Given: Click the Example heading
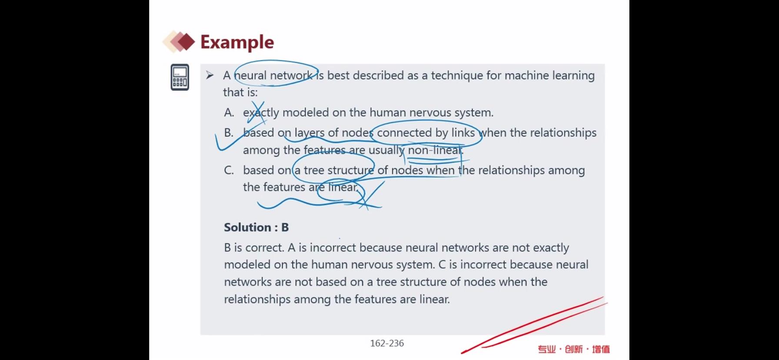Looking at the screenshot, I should tap(237, 42).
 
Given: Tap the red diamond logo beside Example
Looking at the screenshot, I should tap(179, 42).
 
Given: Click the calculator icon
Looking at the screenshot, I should tap(180, 77).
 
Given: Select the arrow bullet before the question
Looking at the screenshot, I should tap(210, 76).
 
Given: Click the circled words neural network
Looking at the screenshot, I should tap(275, 76).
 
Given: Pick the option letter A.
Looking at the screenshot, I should tap(229, 113).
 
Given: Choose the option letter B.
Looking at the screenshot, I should tap(229, 133).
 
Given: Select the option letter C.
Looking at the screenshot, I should tap(229, 170).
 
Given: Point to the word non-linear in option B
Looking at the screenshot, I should tap(435, 150).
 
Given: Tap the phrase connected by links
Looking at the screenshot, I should tap(426, 133).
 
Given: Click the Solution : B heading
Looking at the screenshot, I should tap(256, 227).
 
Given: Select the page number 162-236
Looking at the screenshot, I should tap(387, 343).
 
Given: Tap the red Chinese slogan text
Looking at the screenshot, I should tap(573, 349).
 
